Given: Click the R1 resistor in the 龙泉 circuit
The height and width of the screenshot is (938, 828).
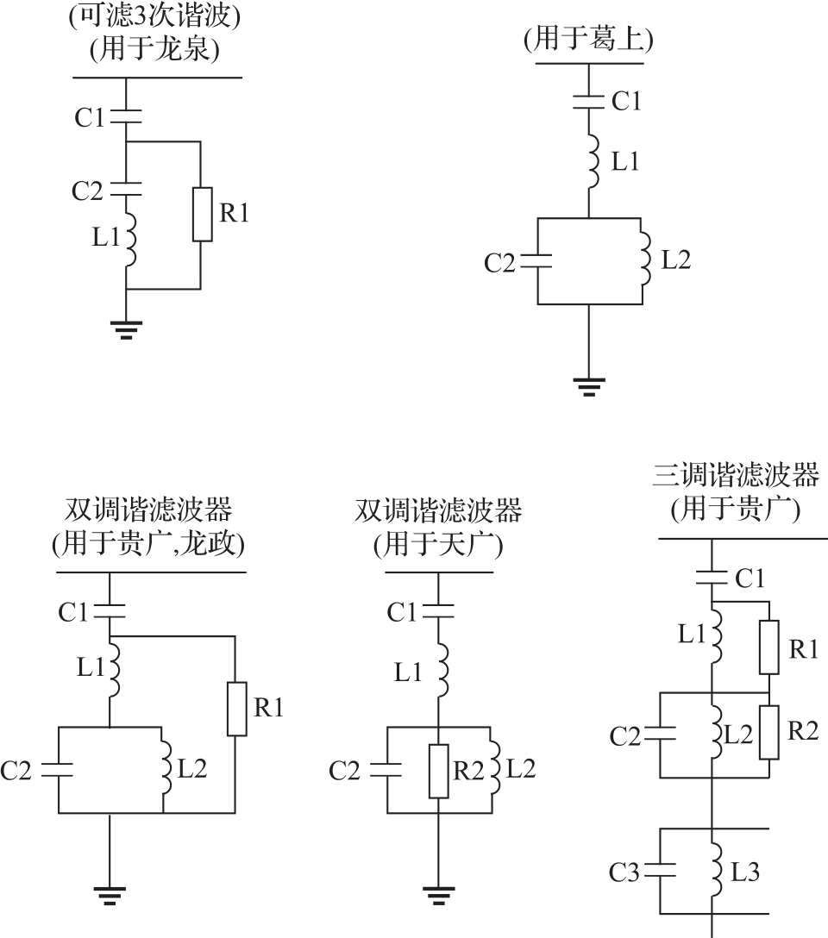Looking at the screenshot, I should tap(200, 213).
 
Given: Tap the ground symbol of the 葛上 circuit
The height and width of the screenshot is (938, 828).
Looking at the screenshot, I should tap(589, 385).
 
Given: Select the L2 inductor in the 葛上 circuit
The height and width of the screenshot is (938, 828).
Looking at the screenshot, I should tap(643, 261).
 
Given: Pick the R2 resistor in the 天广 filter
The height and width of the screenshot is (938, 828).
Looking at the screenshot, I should tap(439, 770).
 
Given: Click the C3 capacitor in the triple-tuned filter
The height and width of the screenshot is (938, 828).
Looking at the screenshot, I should tap(661, 871).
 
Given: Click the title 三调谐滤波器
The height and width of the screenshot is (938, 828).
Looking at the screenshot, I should tap(735, 476).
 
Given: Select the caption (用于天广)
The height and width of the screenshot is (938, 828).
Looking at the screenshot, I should tap(438, 544).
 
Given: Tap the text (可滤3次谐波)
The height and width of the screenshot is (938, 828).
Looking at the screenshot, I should tap(154, 16).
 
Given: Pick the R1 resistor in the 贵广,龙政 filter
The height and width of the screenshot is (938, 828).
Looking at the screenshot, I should tap(235, 709).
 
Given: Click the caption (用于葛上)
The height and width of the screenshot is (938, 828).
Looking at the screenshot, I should tap(588, 40).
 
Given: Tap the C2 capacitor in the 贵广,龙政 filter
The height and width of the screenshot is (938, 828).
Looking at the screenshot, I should tap(59, 769).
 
